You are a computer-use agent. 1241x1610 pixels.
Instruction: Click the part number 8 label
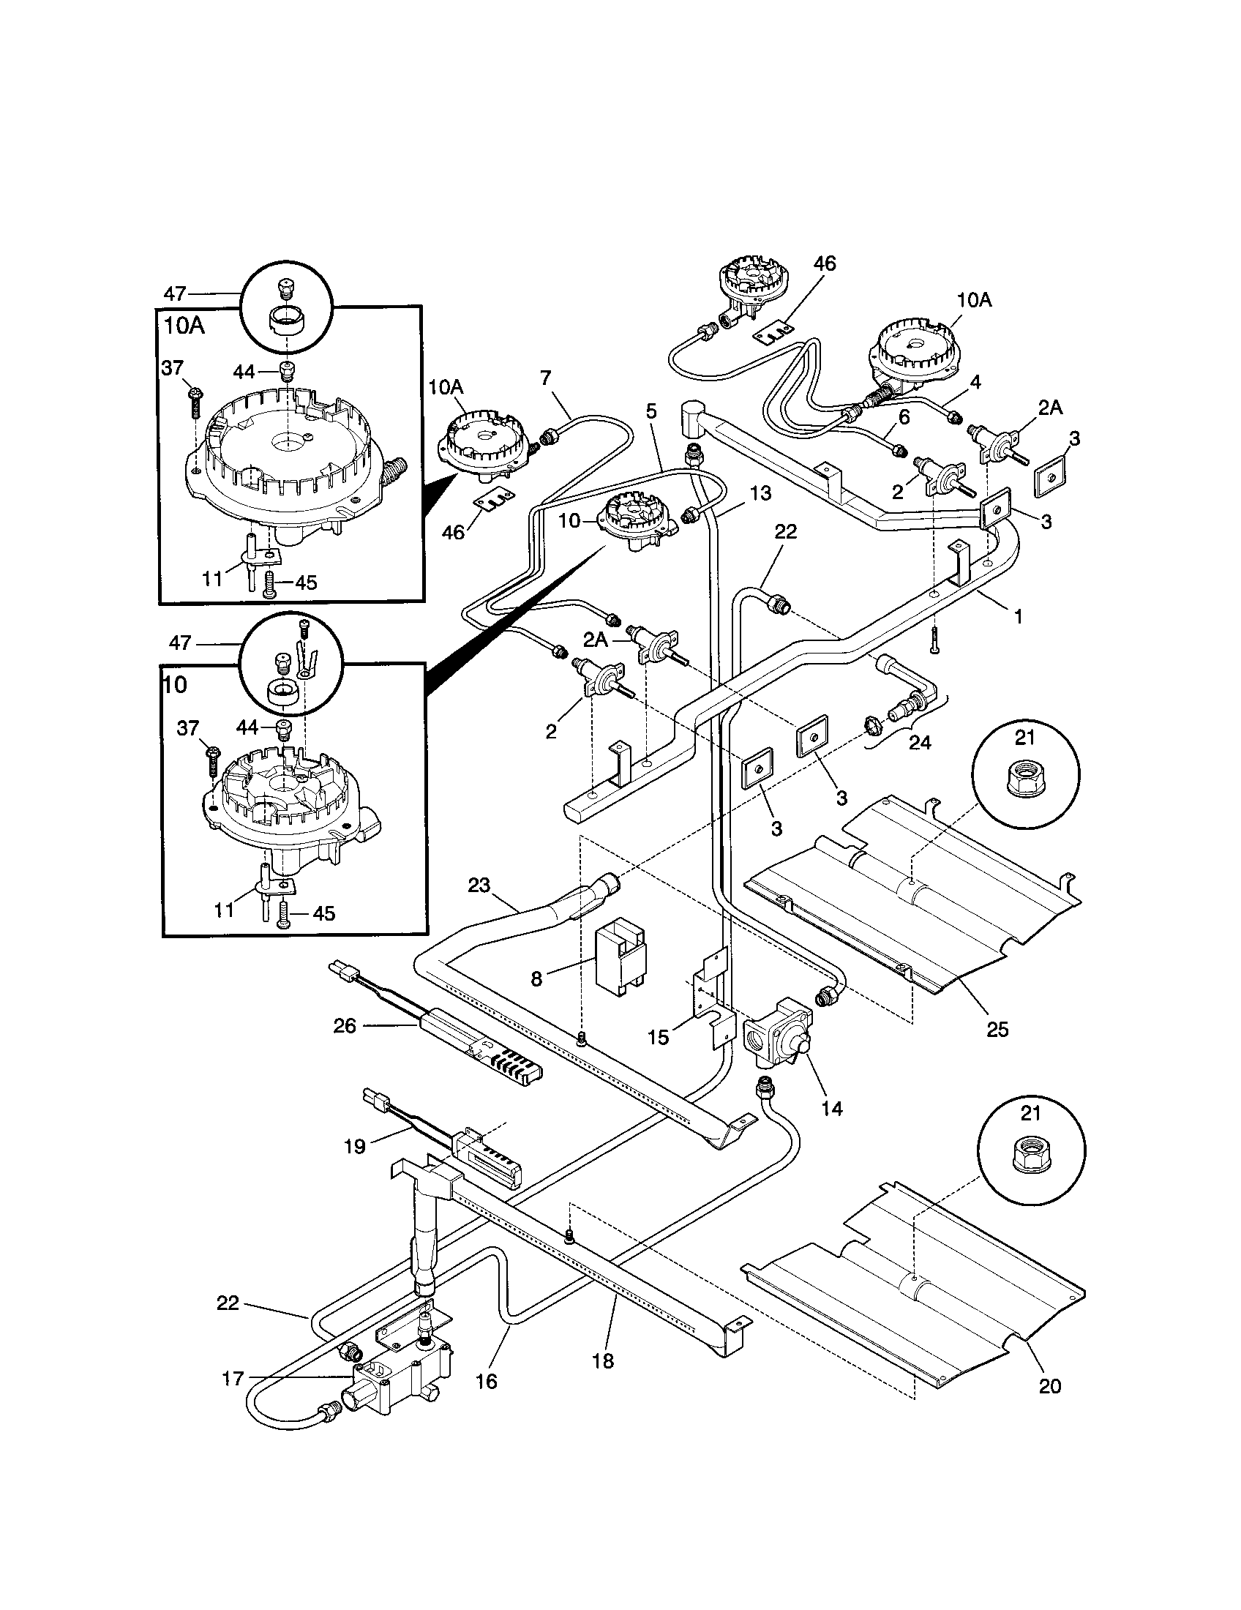[536, 978]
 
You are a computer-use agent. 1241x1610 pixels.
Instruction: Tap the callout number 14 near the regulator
[831, 1108]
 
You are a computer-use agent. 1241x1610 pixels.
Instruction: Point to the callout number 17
[233, 1379]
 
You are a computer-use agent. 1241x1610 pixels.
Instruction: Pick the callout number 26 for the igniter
[345, 1025]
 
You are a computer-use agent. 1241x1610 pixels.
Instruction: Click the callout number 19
[355, 1146]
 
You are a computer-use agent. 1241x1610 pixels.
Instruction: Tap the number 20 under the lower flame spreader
[1049, 1386]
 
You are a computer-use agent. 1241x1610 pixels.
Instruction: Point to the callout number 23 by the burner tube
[479, 885]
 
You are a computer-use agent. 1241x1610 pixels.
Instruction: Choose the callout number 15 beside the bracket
[657, 1037]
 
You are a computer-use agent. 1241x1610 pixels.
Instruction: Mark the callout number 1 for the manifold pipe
[1019, 615]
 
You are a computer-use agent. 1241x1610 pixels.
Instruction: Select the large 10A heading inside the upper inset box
[184, 326]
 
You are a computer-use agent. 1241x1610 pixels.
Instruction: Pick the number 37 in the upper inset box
[173, 368]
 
